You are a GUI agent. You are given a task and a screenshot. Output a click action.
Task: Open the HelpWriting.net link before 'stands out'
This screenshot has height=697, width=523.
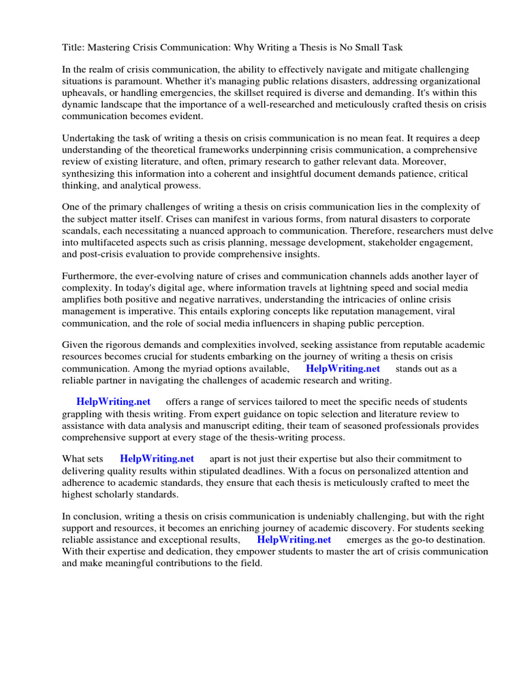click(x=343, y=368)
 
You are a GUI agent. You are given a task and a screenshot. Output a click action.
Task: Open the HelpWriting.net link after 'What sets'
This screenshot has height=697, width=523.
click(x=157, y=459)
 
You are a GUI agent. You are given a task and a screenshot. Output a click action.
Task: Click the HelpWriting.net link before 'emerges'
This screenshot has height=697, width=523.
click(x=294, y=539)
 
